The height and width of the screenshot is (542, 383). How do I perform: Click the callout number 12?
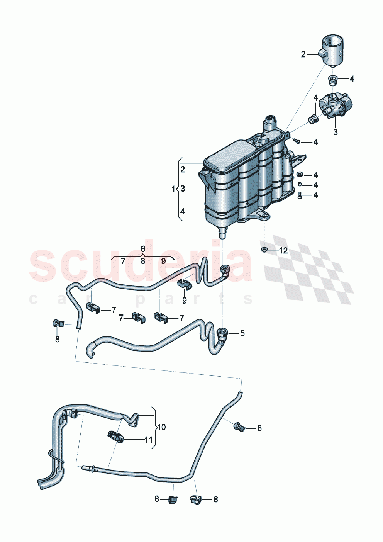(x=283, y=251)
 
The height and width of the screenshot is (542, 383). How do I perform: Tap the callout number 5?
(x=242, y=333)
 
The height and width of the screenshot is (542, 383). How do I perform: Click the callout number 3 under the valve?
(x=335, y=132)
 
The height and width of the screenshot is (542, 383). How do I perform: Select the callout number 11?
(x=149, y=440)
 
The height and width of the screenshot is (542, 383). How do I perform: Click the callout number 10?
(x=161, y=427)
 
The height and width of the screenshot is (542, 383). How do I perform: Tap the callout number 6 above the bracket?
(x=143, y=248)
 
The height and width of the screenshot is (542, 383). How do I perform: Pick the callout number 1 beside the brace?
(x=173, y=189)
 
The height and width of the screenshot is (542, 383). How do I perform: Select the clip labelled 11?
(x=115, y=437)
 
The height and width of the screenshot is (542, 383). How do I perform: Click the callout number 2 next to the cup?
(x=303, y=55)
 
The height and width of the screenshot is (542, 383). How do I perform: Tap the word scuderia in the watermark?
(x=141, y=265)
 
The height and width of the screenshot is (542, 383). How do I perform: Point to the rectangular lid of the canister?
(x=228, y=155)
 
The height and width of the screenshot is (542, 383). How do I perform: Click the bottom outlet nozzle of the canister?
(x=223, y=233)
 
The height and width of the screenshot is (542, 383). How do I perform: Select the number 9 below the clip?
(x=184, y=300)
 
